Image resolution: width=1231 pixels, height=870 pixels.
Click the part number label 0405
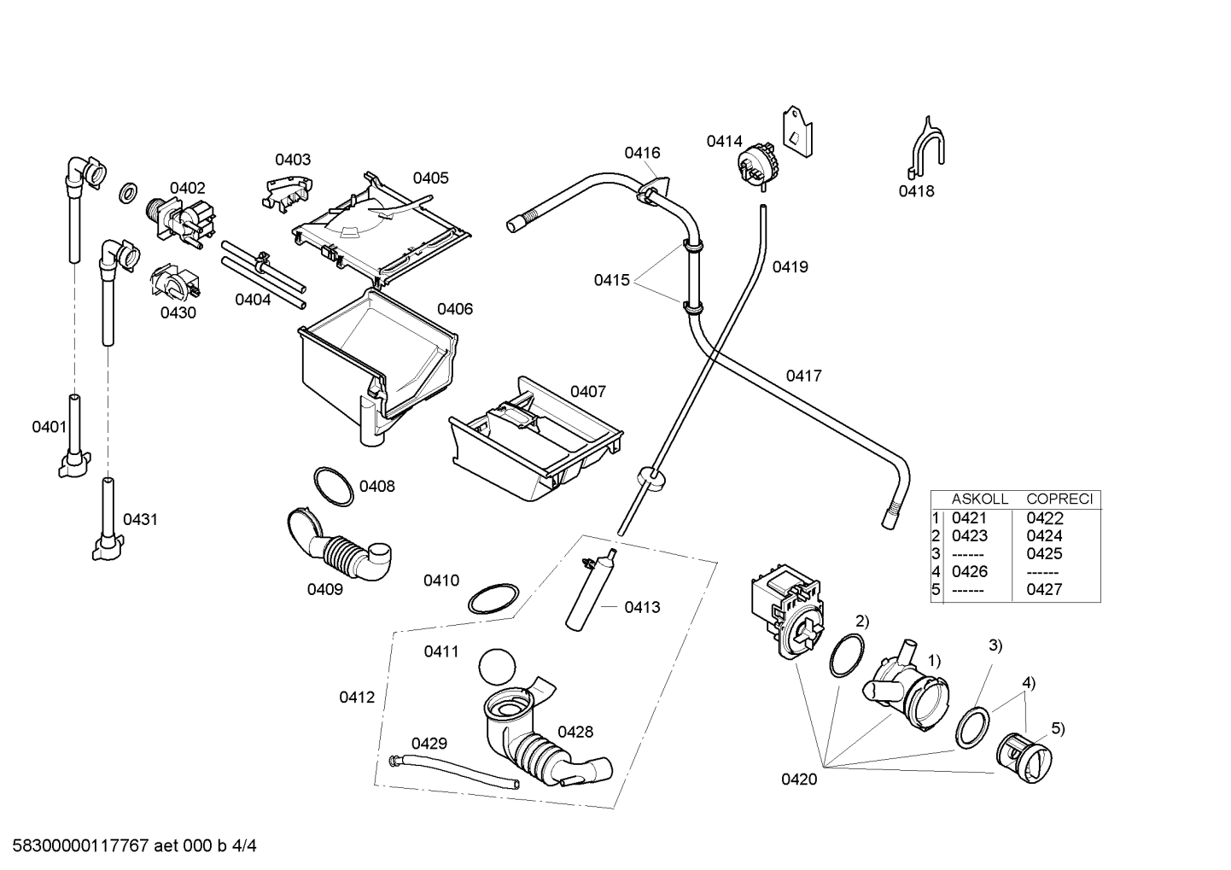click(430, 178)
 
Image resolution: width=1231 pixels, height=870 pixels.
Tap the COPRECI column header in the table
click(1059, 499)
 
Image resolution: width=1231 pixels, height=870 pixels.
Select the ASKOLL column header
click(980, 499)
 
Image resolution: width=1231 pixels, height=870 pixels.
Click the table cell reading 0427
click(1044, 589)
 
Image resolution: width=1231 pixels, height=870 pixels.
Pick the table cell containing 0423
click(970, 535)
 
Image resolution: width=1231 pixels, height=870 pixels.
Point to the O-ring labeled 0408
click(334, 487)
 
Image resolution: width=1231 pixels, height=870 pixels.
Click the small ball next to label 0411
click(497, 667)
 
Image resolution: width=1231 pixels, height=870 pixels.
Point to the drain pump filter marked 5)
click(1024, 756)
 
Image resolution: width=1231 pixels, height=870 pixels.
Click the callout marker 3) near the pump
click(995, 645)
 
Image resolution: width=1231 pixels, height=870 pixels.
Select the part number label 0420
click(799, 779)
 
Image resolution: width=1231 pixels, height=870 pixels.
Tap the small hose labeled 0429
click(453, 772)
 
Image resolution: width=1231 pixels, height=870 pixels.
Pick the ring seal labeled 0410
click(493, 599)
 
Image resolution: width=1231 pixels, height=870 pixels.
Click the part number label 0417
click(803, 376)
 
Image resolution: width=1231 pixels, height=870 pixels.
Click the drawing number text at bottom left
click(134, 846)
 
